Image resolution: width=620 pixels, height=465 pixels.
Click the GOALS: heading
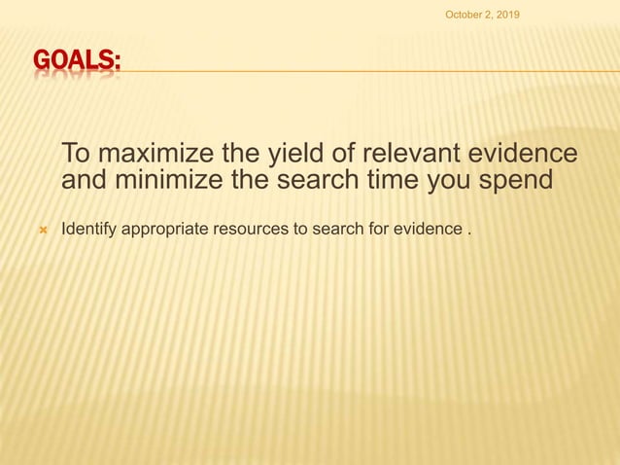(x=78, y=63)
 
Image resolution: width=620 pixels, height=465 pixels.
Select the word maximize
(x=164, y=155)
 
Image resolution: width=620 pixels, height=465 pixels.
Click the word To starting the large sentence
(x=77, y=155)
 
